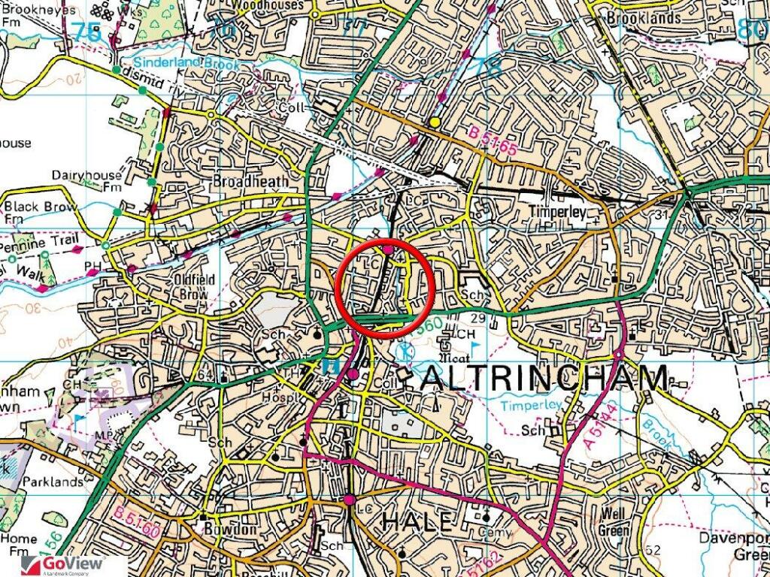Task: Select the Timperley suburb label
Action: pyautogui.click(x=556, y=212)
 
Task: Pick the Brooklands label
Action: pyautogui.click(x=644, y=17)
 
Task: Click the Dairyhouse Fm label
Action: pyautogui.click(x=86, y=180)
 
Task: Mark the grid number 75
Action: pyautogui.click(x=87, y=32)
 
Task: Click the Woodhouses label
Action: pyautogui.click(x=268, y=5)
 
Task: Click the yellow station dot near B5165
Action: pyautogui.click(x=435, y=122)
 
